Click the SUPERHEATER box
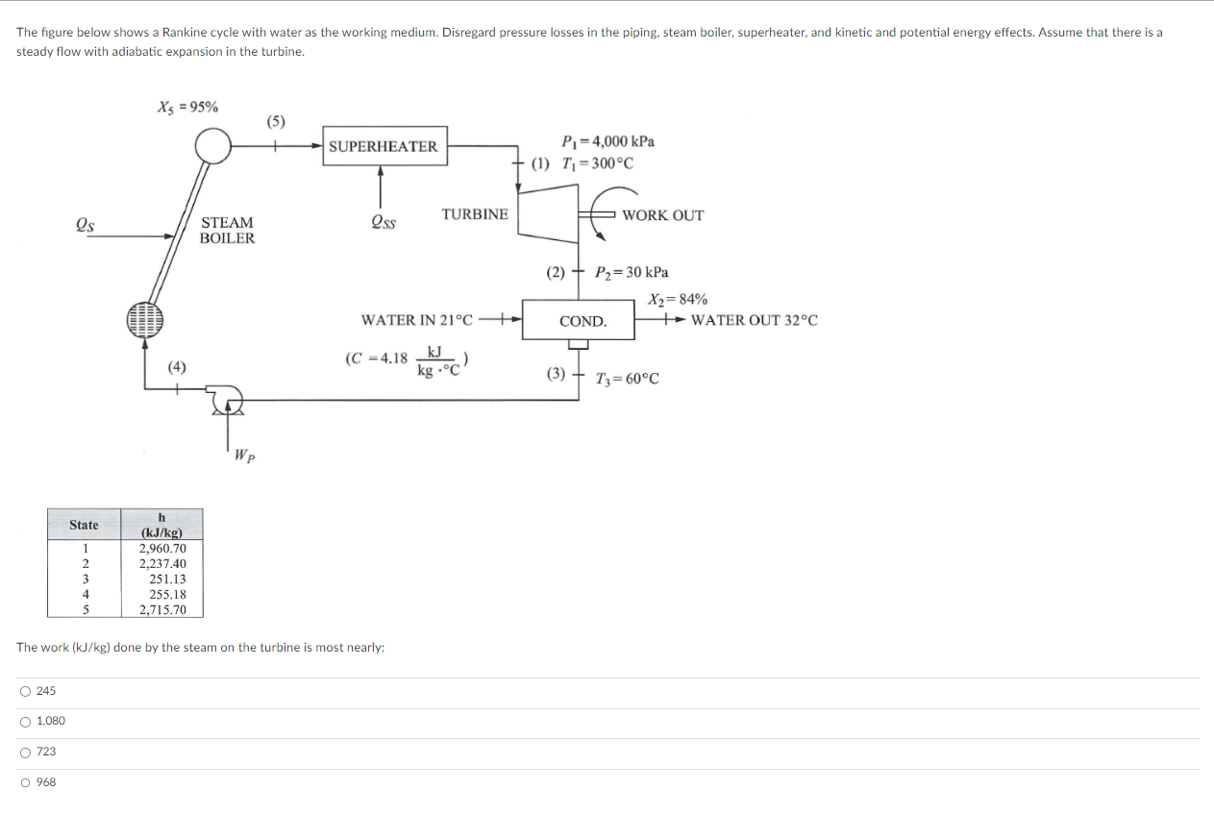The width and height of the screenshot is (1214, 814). pos(384,146)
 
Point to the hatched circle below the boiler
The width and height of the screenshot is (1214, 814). pos(145,320)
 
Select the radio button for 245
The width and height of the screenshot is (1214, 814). pos(23,691)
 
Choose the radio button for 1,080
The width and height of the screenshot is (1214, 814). pos(23,722)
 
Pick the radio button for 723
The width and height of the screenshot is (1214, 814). pos(23,752)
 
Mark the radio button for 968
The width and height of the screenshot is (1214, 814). pos(23,782)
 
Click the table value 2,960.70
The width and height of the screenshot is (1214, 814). pos(162,549)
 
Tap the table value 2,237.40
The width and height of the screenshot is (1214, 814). pos(162,564)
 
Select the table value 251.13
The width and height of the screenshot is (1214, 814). pos(167,580)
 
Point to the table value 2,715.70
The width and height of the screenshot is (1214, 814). pos(162,610)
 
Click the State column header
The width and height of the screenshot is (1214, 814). pos(84,525)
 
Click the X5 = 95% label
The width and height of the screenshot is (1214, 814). pos(187,107)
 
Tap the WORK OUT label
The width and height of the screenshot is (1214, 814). pos(662,215)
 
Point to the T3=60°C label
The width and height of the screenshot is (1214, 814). pos(628,379)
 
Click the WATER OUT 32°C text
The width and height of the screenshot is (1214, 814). pos(755,320)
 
